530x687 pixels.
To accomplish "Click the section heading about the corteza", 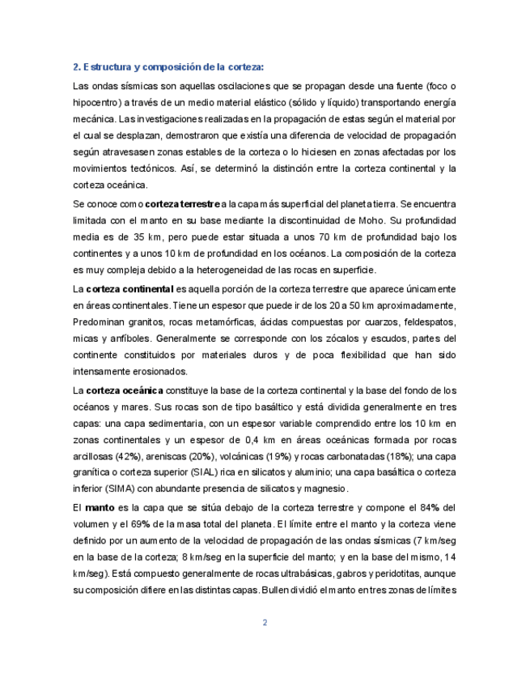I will coord(168,67).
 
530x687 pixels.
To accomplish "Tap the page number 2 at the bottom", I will coord(265,622).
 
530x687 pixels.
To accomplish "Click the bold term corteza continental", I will coord(129,289).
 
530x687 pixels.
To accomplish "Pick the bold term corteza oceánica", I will coord(125,390).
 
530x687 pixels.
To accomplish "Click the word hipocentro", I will coord(98,102).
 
